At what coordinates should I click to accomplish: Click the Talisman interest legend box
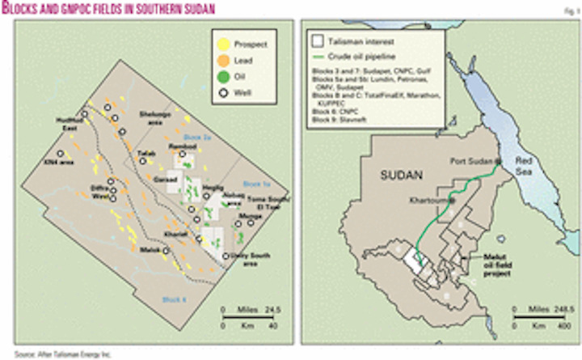[x=319, y=37]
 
